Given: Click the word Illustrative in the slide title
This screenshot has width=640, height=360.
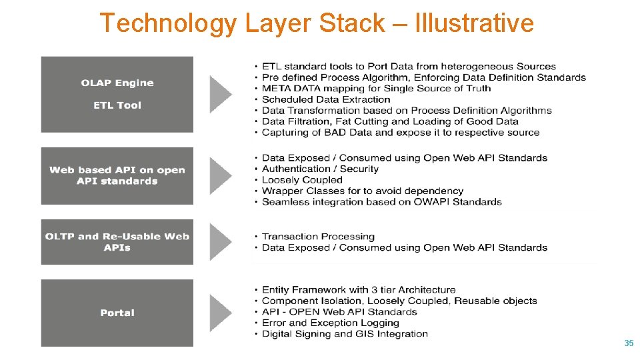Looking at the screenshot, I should click(474, 23).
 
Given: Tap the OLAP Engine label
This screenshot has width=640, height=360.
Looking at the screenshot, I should click(117, 83).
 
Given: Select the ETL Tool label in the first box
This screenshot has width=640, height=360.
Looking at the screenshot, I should click(117, 105).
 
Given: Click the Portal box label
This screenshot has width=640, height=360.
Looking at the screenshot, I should click(117, 313).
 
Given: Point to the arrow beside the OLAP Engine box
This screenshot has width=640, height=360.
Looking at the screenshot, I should click(221, 94).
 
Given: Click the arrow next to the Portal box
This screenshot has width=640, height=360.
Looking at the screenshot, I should click(221, 313).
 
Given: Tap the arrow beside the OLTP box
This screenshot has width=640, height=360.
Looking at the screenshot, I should click(221, 241).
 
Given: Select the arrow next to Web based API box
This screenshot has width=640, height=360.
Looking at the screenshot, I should click(221, 175).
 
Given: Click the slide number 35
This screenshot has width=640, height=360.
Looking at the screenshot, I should click(628, 343).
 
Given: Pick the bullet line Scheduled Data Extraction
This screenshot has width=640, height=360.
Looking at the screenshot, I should click(326, 99).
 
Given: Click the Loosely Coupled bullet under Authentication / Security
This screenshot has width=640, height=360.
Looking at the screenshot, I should click(302, 180).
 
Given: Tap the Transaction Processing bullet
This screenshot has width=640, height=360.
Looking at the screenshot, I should click(318, 237).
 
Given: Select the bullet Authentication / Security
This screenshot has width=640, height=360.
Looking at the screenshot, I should click(320, 169).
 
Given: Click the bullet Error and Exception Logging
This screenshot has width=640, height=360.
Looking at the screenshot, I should click(331, 323).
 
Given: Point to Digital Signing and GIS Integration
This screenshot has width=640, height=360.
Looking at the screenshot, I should click(345, 334).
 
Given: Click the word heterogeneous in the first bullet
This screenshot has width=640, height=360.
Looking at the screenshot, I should click(475, 66).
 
